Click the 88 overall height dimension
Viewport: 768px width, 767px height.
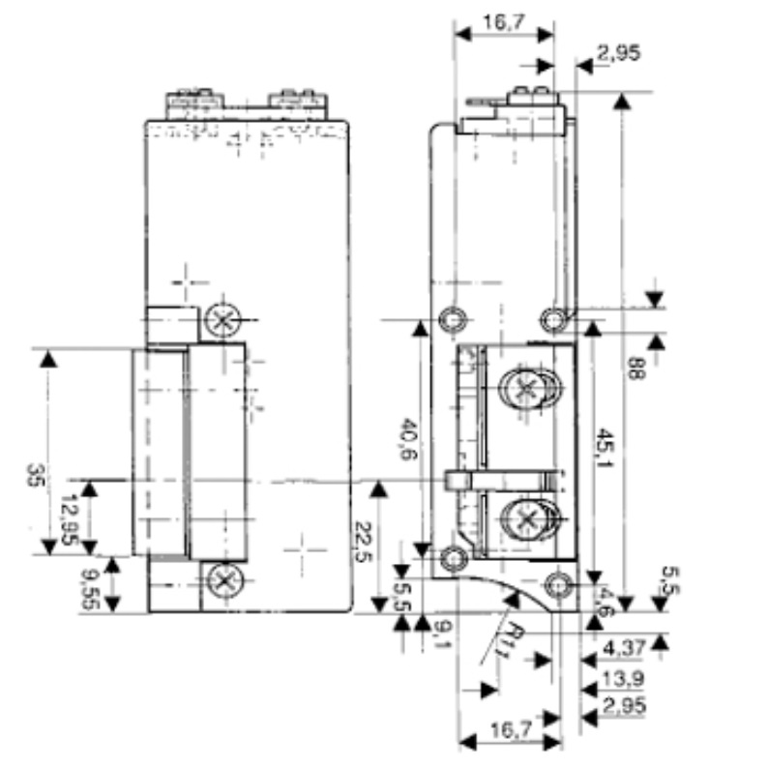[x=635, y=369]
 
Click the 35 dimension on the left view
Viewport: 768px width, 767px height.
[x=35, y=476]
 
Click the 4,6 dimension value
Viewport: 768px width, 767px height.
[x=606, y=599]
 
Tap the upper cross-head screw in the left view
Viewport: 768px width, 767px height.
[x=224, y=320]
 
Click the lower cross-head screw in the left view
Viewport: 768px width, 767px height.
[x=224, y=582]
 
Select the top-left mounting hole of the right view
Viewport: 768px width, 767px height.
[x=453, y=318]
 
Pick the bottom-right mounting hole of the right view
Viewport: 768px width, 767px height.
[x=557, y=584]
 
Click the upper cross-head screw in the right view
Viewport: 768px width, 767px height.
[x=525, y=390]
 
